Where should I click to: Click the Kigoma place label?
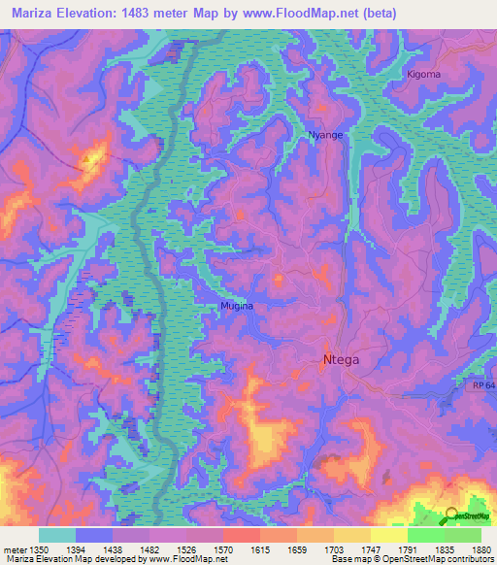click(x=423, y=74)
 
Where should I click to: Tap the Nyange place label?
click(x=325, y=135)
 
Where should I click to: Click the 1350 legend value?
click(x=37, y=548)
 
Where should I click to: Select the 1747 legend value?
click(x=352, y=548)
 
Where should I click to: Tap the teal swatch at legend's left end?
click(x=56, y=535)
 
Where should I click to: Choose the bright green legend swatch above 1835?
click(x=425, y=535)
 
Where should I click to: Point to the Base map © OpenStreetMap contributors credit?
click(x=411, y=559)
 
